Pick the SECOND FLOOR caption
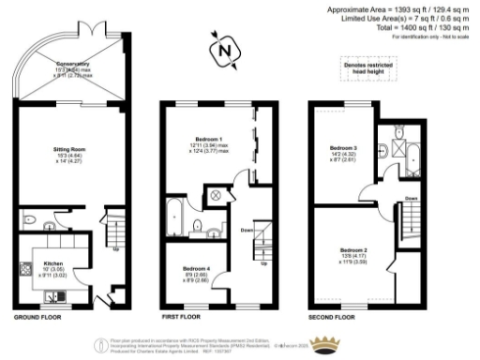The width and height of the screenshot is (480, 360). [x=334, y=318]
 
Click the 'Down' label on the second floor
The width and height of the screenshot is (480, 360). [x=411, y=198]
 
